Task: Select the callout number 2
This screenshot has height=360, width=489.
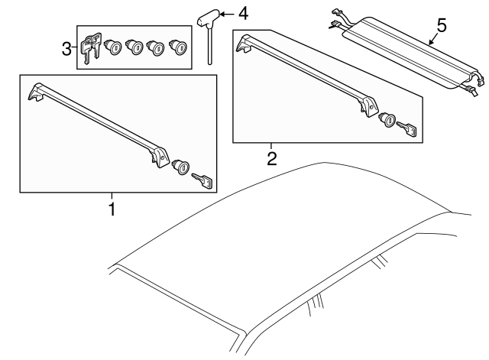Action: [x=270, y=159]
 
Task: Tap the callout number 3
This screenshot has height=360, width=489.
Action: [x=66, y=49]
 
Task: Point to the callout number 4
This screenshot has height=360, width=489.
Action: [x=243, y=14]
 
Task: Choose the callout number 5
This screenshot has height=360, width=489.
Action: [x=440, y=24]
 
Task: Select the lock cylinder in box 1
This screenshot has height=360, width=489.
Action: [x=182, y=167]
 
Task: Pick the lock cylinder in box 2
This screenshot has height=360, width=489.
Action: [x=388, y=120]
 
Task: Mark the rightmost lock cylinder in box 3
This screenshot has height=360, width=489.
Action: [x=180, y=47]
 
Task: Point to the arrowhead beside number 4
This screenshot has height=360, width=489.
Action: [x=225, y=15]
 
